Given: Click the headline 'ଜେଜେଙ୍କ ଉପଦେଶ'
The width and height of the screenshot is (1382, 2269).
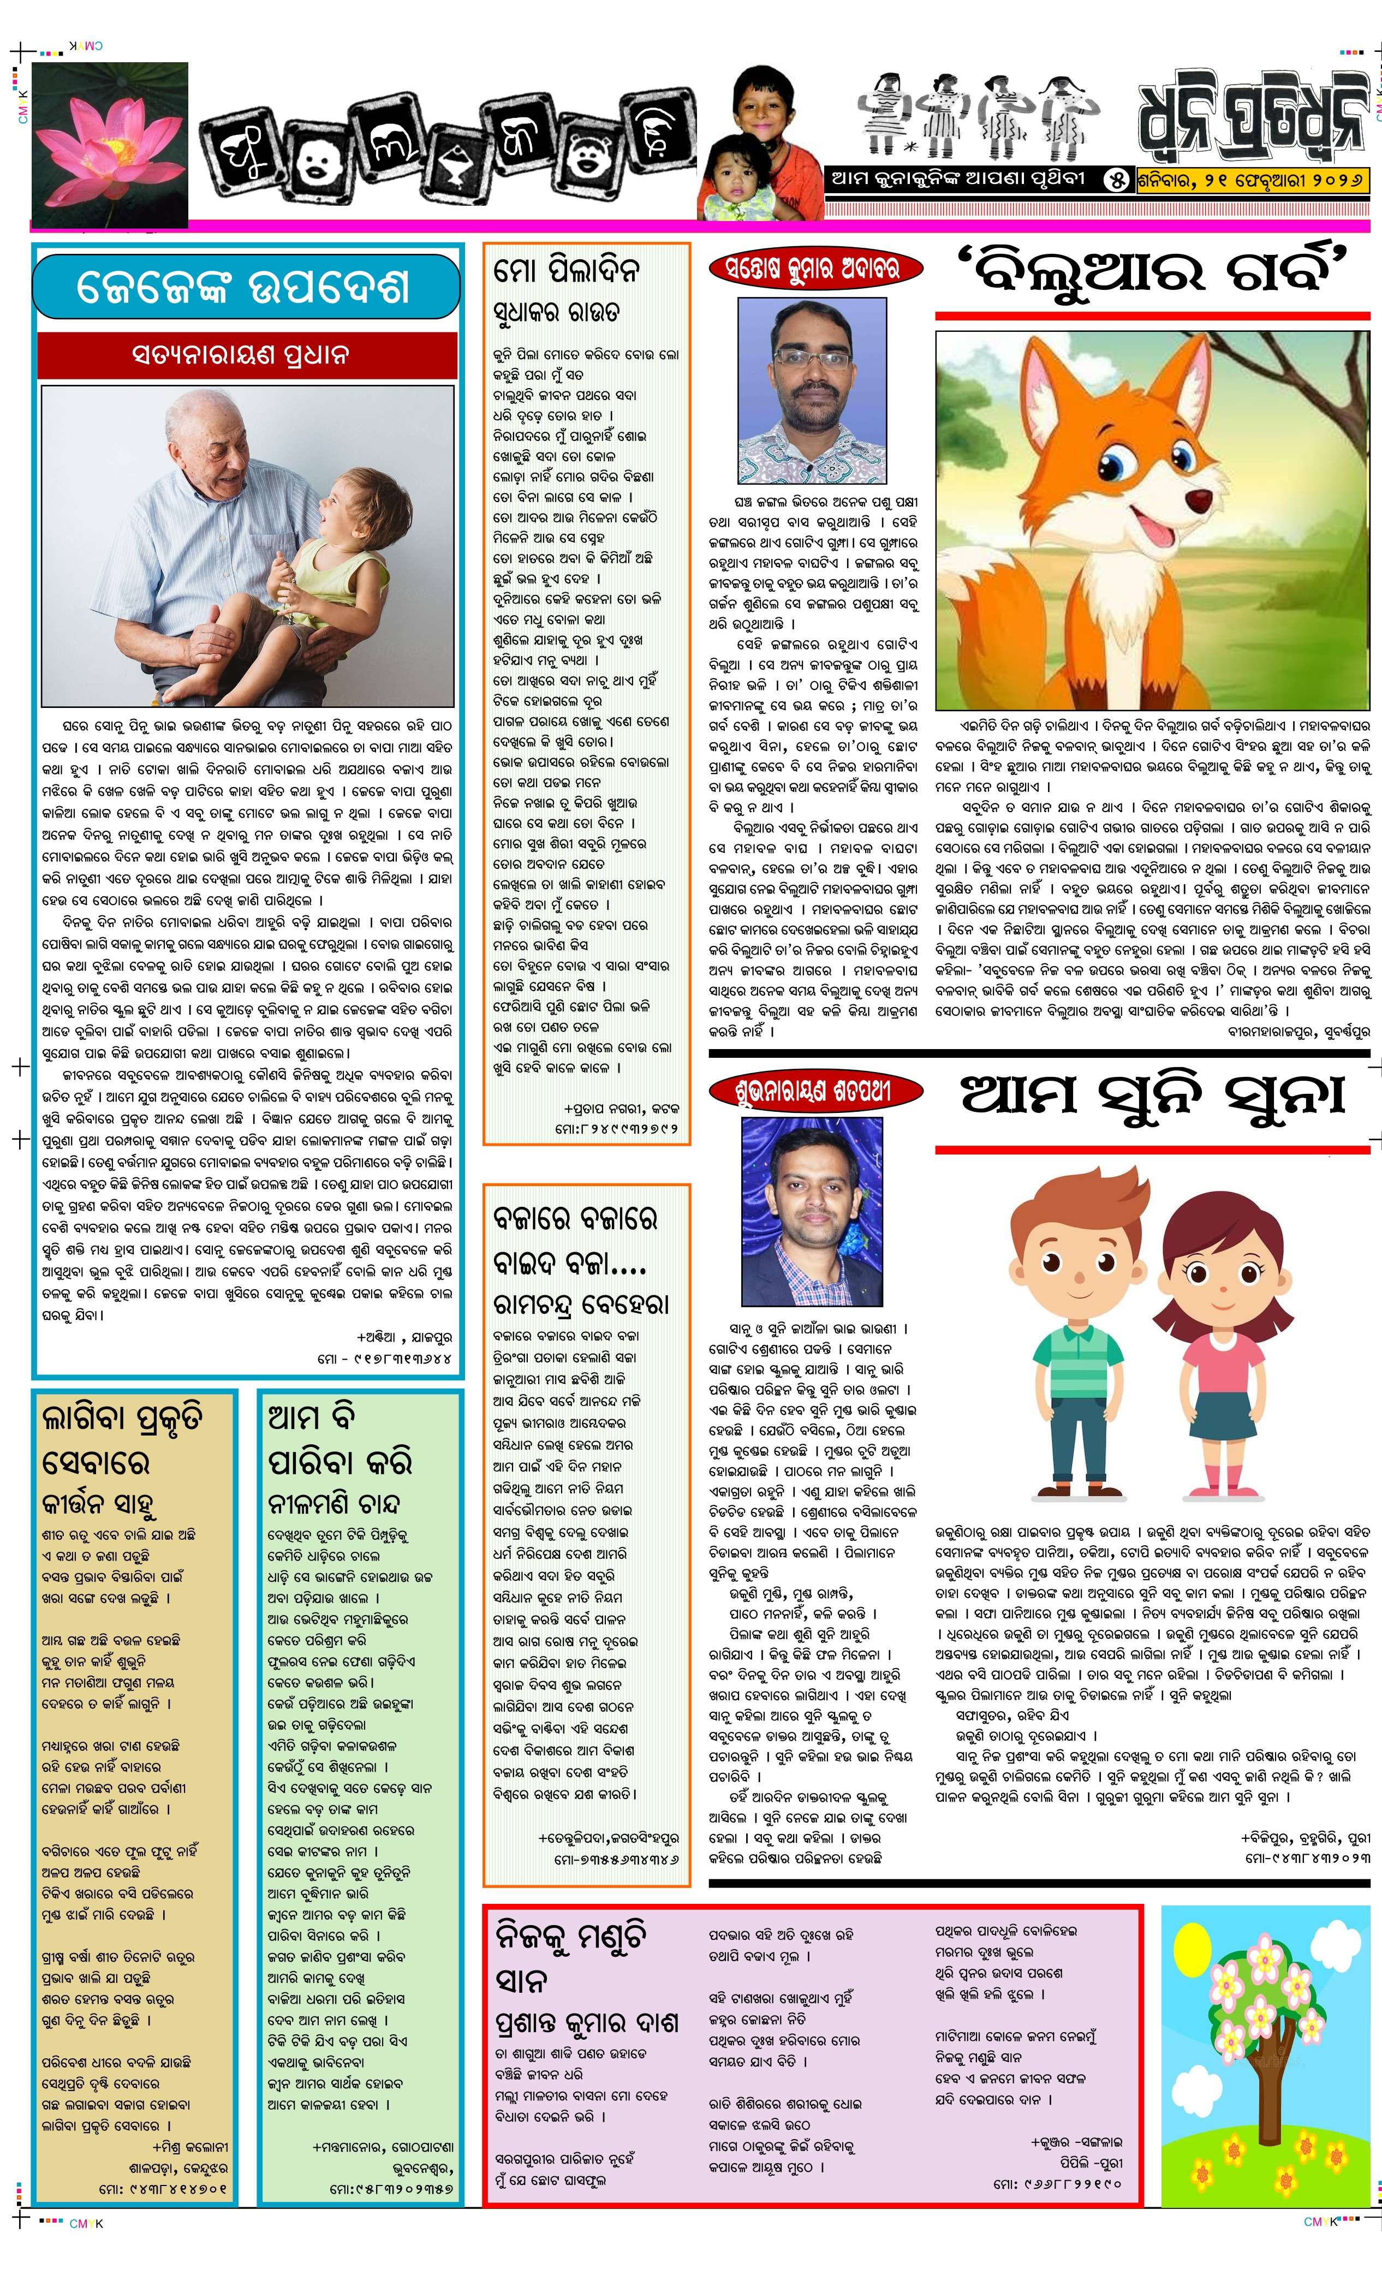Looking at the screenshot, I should point(244,287).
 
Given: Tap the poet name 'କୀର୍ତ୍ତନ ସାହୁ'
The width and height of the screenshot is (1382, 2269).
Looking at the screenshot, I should point(98,1505).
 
